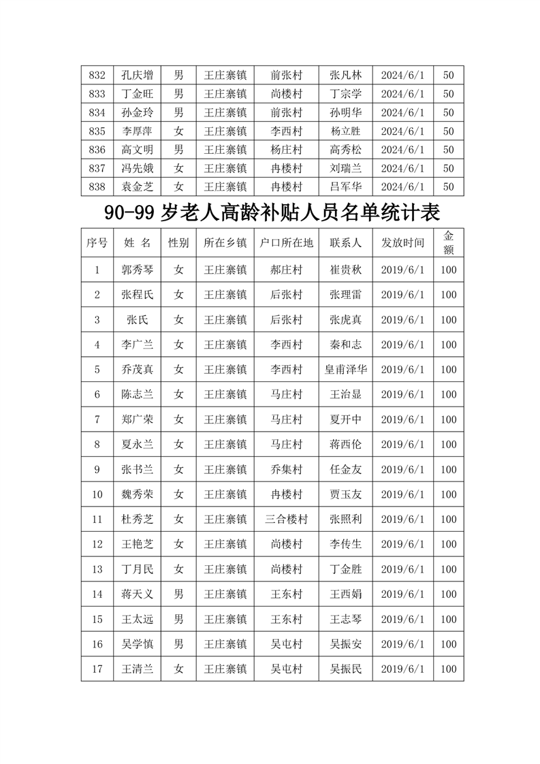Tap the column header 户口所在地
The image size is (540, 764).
[x=286, y=242]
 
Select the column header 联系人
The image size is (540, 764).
[x=346, y=242]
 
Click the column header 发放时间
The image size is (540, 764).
[x=402, y=242]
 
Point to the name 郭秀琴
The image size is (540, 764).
[x=137, y=270]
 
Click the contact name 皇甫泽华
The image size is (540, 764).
[x=346, y=370]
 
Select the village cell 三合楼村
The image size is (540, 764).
[x=286, y=520]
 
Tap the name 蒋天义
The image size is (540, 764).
[x=137, y=594]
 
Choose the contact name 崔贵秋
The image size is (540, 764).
[x=346, y=270]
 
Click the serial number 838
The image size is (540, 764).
[x=97, y=187]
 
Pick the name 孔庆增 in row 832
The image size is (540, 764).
[x=137, y=76]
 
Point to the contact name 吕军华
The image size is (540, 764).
[x=346, y=187]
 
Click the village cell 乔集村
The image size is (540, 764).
[x=286, y=469]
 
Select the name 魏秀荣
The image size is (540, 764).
[x=137, y=494]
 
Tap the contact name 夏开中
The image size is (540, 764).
[x=346, y=419]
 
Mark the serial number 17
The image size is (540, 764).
[x=97, y=669]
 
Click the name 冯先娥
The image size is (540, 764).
[x=137, y=168]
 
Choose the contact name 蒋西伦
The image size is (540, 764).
[x=346, y=445]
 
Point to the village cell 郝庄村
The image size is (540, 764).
[x=286, y=270]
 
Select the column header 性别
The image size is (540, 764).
[x=178, y=242]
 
